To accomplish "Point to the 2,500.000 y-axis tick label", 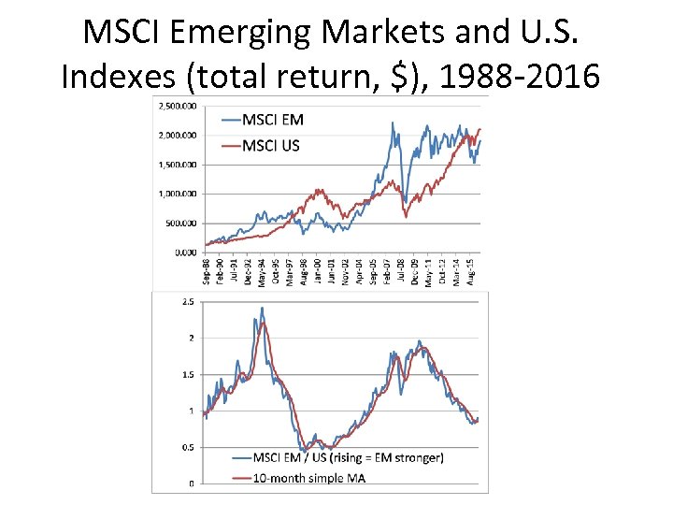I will click(177, 106).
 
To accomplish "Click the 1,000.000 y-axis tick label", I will click(177, 194).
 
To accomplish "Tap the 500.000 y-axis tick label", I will click(179, 223).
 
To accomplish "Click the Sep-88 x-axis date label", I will click(207, 272).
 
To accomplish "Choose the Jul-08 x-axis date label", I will click(401, 272).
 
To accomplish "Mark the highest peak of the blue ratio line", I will click(262, 308).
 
